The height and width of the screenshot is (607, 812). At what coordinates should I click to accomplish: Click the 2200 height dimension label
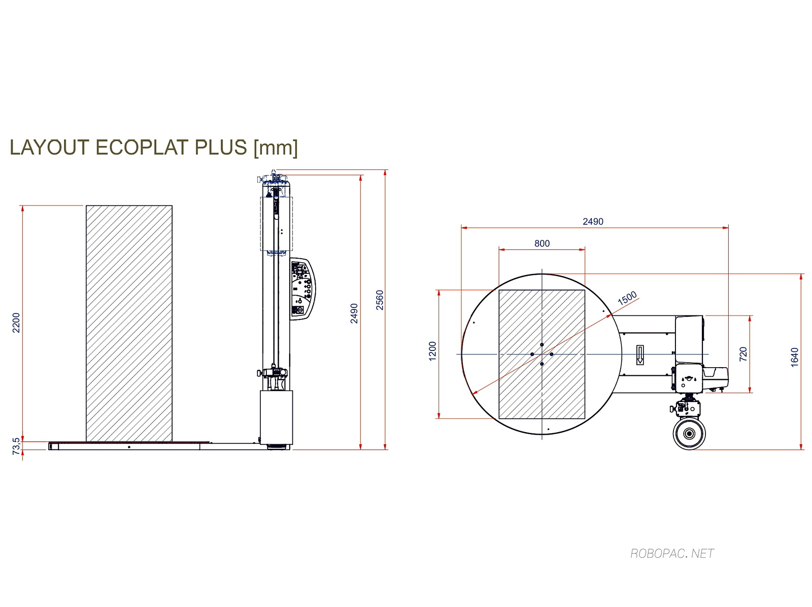coord(16,323)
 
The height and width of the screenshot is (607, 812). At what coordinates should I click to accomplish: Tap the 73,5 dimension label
coord(16,446)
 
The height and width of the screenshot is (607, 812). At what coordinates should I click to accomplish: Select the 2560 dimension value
coord(380,300)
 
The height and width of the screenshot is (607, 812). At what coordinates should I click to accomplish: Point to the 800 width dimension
coord(542,243)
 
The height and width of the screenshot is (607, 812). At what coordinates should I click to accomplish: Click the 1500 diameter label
coord(627,298)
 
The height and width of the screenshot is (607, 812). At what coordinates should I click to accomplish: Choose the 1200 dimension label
coord(432,351)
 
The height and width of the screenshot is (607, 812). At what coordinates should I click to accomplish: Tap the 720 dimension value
coord(743,354)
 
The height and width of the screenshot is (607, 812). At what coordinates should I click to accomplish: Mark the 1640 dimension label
coord(794,357)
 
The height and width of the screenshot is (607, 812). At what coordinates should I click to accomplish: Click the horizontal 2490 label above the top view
coord(593,222)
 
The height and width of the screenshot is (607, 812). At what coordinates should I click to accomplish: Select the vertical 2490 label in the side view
coord(354,313)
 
